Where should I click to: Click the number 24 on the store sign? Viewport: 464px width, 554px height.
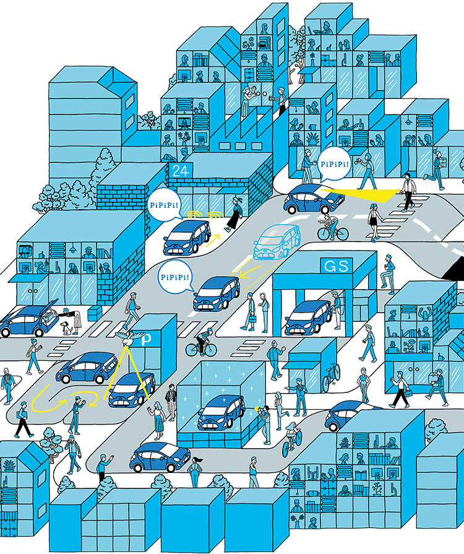tap(180, 171)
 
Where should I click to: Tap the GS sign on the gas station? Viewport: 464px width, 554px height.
tap(337, 266)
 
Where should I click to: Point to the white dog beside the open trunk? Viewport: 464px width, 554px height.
tap(64, 326)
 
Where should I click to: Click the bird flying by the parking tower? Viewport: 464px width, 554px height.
tap(127, 337)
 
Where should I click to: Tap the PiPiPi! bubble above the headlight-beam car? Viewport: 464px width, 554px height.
tap(335, 165)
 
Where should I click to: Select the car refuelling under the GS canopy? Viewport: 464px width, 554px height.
tap(308, 317)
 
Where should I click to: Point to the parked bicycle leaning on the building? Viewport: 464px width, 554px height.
tap(330, 376)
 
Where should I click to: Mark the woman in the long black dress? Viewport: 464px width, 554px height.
tap(234, 214)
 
